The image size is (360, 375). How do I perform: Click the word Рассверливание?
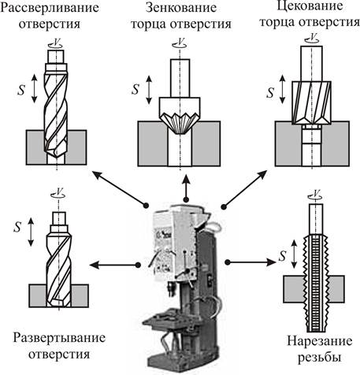(50, 8)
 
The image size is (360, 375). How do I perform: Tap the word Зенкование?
(181, 8)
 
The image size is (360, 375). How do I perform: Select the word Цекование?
(310, 6)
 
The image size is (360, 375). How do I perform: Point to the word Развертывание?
(59, 338)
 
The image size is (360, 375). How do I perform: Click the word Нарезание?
(319, 341)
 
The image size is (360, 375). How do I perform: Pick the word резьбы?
(319, 358)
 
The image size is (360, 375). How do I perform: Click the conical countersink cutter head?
(180, 116)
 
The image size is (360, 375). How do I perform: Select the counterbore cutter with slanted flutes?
(311, 102)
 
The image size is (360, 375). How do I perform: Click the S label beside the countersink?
(135, 90)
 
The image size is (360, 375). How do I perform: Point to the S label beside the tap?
(282, 255)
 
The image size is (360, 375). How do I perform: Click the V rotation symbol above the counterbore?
(313, 38)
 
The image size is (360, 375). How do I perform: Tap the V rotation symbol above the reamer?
(58, 193)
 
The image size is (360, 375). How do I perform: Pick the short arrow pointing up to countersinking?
(186, 187)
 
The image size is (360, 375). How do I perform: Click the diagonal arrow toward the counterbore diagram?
(245, 189)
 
